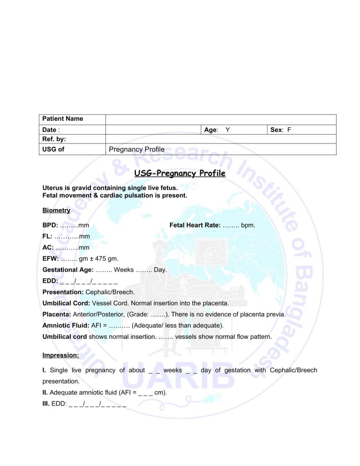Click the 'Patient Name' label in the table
coord(63,119)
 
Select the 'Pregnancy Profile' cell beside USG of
coord(137,150)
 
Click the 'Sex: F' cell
coord(282,129)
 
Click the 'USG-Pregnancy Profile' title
coord(180,174)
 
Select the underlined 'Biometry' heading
coord(56,210)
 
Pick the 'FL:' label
coord(47,237)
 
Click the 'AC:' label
coord(48,248)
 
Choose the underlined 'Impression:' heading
coord(60,356)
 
